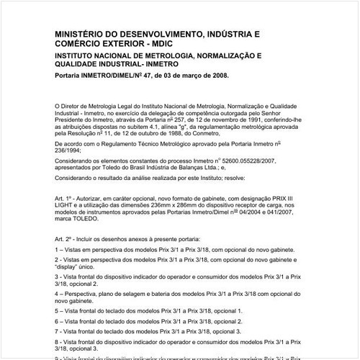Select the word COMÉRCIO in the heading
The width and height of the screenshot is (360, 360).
pyautogui.click(x=85, y=45)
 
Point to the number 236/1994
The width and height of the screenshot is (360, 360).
pyautogui.click(x=72, y=153)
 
